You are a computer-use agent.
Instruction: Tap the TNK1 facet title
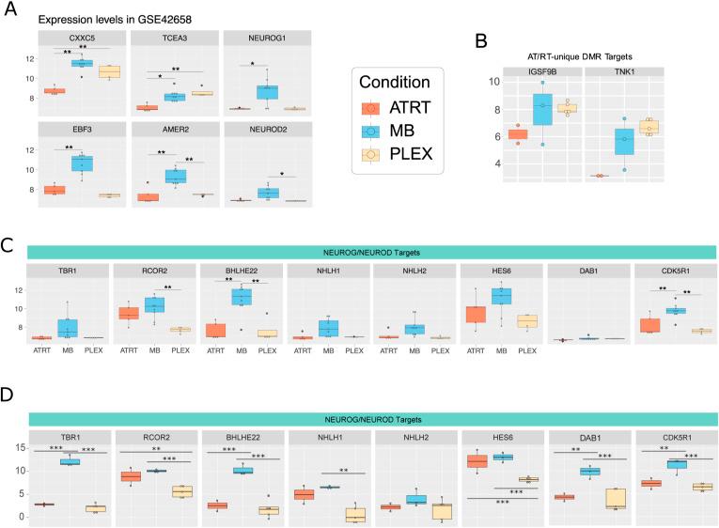(x=637, y=71)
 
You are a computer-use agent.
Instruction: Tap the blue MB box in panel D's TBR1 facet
(x=69, y=461)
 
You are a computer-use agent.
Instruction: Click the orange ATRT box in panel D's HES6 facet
(x=482, y=460)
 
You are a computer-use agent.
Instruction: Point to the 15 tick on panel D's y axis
(x=18, y=446)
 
